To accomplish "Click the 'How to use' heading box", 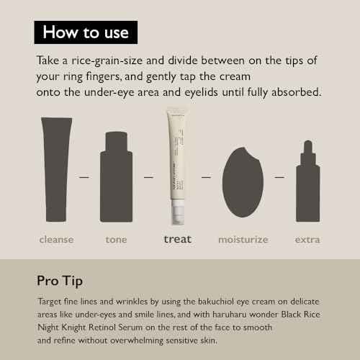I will coord(86,32).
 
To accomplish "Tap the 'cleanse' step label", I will coord(56,239).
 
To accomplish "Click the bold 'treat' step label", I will coord(177,239).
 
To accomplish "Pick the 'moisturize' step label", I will coord(243,239).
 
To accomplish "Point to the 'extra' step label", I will coord(307,239).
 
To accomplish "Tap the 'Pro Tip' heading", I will coord(63,279).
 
